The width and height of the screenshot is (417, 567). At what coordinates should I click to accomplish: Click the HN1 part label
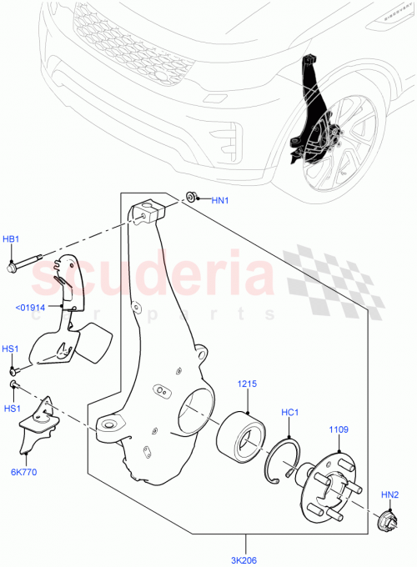219,200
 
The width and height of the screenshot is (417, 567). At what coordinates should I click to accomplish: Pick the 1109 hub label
339,429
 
